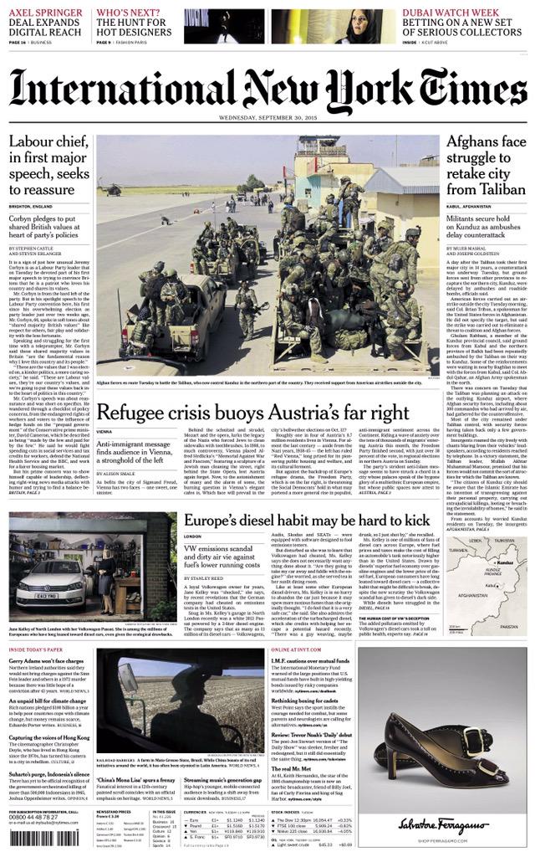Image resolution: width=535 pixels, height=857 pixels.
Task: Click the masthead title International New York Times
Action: pyautogui.click(x=267, y=88)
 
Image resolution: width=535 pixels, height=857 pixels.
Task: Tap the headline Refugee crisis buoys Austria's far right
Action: pyautogui.click(x=252, y=412)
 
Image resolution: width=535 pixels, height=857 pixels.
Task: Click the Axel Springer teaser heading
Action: pyautogui.click(x=47, y=20)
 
